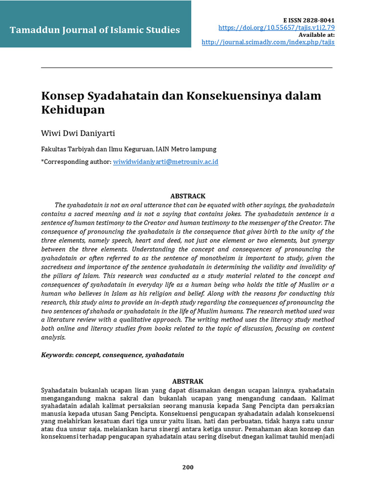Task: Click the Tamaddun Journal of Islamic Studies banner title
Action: click(95, 30)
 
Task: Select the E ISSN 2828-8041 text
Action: click(309, 20)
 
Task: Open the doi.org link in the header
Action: click(277, 27)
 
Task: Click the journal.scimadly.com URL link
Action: click(268, 42)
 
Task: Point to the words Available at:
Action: click(316, 35)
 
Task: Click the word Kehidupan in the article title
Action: click(73, 110)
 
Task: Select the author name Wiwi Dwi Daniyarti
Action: click(78, 134)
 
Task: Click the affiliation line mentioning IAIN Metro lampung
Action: click(129, 149)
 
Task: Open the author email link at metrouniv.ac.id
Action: click(165, 161)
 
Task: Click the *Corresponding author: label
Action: click(76, 161)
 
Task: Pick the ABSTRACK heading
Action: click(188, 196)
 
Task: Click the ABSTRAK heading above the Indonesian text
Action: click(188, 381)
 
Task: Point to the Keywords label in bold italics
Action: click(57, 355)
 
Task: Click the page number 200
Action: click(188, 467)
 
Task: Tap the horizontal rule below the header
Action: click(187, 68)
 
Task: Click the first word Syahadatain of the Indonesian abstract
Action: click(60, 390)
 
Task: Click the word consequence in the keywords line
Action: click(122, 355)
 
